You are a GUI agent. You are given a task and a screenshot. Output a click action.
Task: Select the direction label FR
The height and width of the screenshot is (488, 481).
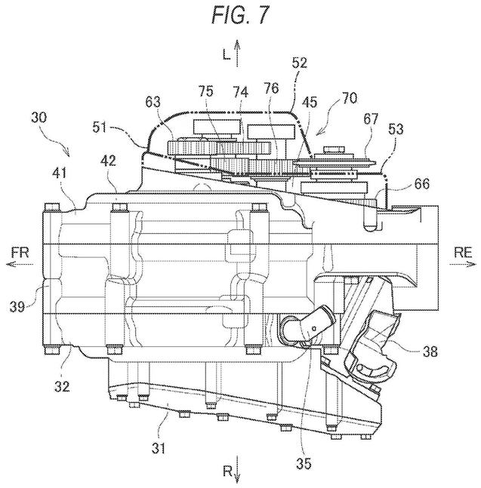(x=21, y=253)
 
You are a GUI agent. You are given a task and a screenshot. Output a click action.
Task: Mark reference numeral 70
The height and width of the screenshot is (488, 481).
(x=348, y=99)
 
